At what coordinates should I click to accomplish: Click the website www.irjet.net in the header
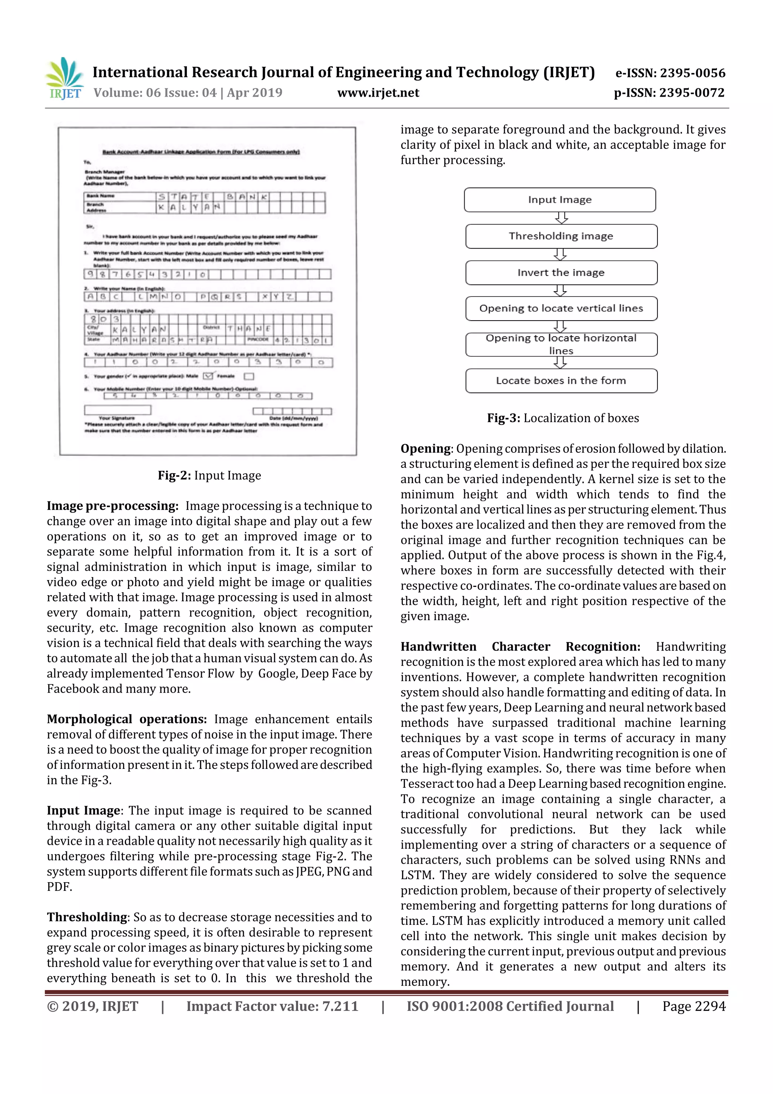point(378,93)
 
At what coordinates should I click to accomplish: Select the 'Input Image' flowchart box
point(560,200)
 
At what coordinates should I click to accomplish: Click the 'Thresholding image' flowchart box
point(561,236)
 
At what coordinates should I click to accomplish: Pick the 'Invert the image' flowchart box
point(561,273)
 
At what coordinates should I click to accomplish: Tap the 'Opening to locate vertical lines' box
point(561,308)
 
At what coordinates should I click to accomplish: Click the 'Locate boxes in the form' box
point(561,381)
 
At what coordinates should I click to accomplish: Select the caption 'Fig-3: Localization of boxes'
point(562,418)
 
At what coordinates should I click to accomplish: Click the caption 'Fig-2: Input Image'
point(209,475)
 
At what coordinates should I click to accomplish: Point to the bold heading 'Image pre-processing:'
point(112,506)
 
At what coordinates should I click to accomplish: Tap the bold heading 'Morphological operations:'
point(127,719)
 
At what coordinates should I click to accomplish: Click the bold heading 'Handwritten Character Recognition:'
point(520,647)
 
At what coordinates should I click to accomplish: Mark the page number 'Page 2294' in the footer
point(693,1006)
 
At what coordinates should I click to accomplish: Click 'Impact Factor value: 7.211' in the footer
point(272,1006)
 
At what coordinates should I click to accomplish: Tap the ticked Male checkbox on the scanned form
point(208,376)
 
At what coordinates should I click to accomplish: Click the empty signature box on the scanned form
point(118,410)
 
